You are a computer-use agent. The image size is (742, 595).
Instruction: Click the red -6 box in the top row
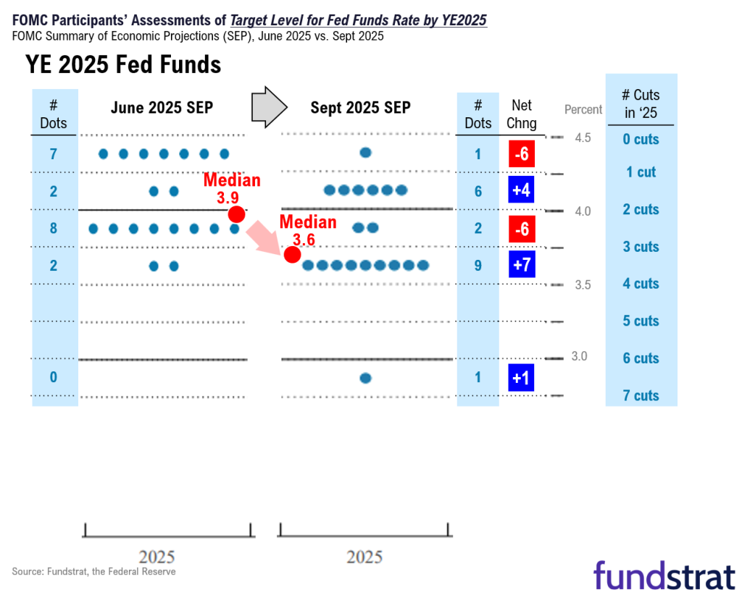[522, 153]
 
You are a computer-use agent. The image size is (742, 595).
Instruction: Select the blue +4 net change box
[522, 190]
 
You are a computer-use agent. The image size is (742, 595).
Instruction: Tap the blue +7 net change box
[522, 265]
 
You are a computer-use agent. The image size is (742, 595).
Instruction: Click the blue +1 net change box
[522, 377]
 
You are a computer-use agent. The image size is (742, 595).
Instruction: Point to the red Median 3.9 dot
[235, 214]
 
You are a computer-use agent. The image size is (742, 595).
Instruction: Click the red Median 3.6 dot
[292, 255]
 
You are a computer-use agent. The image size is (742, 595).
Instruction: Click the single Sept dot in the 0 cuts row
[365, 153]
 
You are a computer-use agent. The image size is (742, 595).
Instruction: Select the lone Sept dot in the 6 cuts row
[365, 378]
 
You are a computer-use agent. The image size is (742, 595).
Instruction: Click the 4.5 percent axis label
[583, 138]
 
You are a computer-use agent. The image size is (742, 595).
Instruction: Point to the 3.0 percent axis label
[580, 356]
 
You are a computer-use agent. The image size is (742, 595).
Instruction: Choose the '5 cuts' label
[641, 321]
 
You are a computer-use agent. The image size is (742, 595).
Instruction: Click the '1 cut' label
[641, 172]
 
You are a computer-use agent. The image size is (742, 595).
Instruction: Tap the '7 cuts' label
[641, 395]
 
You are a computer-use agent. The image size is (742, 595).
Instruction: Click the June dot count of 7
[54, 153]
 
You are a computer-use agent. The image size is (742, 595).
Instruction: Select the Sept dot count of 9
[478, 266]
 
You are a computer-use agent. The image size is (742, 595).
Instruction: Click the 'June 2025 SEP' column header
[162, 108]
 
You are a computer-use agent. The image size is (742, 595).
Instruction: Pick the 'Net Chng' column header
[522, 114]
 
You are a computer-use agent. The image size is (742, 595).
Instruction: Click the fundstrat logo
[664, 575]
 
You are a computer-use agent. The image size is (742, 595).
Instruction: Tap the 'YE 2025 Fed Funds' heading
[123, 64]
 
